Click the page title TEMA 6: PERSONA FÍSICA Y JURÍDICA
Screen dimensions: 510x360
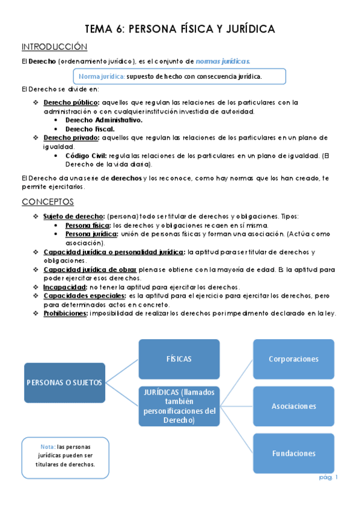[180, 28]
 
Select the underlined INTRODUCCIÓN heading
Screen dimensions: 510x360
[54, 47]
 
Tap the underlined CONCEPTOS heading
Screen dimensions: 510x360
[47, 201]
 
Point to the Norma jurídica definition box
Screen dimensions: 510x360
[179, 76]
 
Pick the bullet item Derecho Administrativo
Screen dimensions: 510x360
[103, 120]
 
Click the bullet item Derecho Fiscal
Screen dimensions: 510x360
[90, 129]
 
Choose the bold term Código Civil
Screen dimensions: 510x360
[85, 156]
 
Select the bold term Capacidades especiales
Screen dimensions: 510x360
[84, 296]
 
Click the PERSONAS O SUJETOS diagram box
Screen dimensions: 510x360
[64, 382]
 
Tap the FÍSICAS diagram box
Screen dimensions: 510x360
[179, 359]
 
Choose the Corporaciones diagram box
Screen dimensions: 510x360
[293, 359]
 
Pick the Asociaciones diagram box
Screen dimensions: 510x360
[293, 406]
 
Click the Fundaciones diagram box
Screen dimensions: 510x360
[293, 453]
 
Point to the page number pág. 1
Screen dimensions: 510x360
[328, 477]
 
